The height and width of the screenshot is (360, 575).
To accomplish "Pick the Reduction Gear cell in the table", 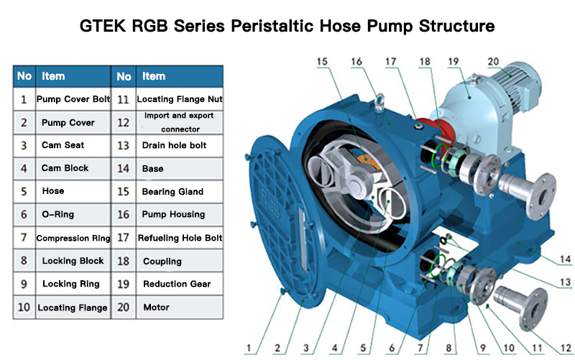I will coord(175,284).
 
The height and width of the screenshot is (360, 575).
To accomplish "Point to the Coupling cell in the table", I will coord(162,261).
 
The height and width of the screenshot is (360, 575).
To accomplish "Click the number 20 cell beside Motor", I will coord(124,307).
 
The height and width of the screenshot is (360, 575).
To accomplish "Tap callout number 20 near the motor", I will coord(493,63).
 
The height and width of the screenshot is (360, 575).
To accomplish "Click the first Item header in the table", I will coord(53,76).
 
